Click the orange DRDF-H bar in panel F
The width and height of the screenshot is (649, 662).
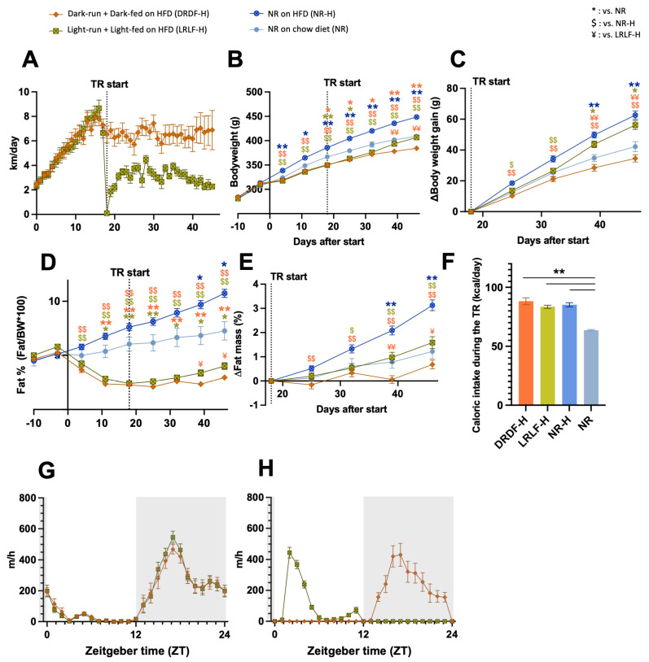[x=525, y=353]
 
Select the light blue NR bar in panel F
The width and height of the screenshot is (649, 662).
[x=591, y=368]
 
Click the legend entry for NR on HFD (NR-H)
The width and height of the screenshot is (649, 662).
[x=292, y=14]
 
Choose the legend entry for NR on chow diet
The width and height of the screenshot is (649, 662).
[x=299, y=29]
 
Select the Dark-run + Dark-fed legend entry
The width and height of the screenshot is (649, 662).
[x=129, y=14]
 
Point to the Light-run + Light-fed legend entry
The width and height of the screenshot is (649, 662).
[x=127, y=29]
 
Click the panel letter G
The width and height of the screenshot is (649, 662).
[x=46, y=469]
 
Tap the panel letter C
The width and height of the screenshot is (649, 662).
[x=458, y=59]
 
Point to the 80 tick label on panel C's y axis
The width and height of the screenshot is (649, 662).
[x=453, y=88]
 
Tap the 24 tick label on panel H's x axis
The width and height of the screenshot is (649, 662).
[x=452, y=634]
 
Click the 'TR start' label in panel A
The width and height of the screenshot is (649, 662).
[x=109, y=84]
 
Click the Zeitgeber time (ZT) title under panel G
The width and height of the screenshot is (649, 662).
[x=137, y=651]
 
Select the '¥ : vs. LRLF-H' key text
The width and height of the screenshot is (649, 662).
[x=616, y=35]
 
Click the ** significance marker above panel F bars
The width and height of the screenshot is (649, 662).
[x=559, y=272]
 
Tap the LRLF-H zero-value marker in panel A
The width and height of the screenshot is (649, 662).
[x=107, y=214]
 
